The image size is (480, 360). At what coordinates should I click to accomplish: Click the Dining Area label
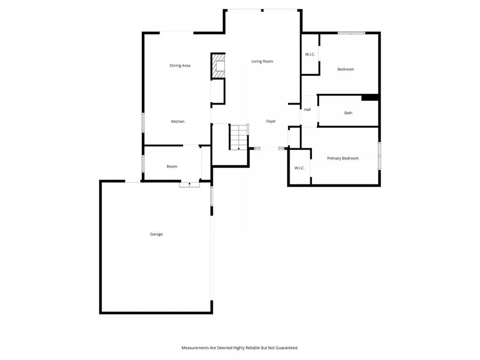180,66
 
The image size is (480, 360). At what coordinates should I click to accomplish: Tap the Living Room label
262,61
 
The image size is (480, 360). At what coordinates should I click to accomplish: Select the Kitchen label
178,122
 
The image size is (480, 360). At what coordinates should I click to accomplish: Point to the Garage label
156,234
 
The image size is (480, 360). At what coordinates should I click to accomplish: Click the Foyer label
271,122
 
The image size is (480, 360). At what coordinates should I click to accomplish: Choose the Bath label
348,113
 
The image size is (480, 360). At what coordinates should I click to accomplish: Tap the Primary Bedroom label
342,158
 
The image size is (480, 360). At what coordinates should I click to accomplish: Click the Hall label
307,110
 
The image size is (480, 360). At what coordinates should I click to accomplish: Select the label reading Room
172,166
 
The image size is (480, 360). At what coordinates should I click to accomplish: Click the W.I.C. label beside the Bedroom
310,54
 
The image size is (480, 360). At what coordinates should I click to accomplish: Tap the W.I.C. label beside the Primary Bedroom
300,168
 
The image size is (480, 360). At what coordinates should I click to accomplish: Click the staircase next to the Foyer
239,137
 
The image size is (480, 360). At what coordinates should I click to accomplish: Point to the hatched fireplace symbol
219,66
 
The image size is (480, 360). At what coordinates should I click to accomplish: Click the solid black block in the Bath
370,97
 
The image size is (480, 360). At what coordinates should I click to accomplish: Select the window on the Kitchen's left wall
142,121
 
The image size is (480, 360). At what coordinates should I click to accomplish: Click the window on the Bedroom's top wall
351,33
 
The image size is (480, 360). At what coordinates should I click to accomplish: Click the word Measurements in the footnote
196,348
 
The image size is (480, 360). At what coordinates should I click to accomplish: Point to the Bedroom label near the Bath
345,69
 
